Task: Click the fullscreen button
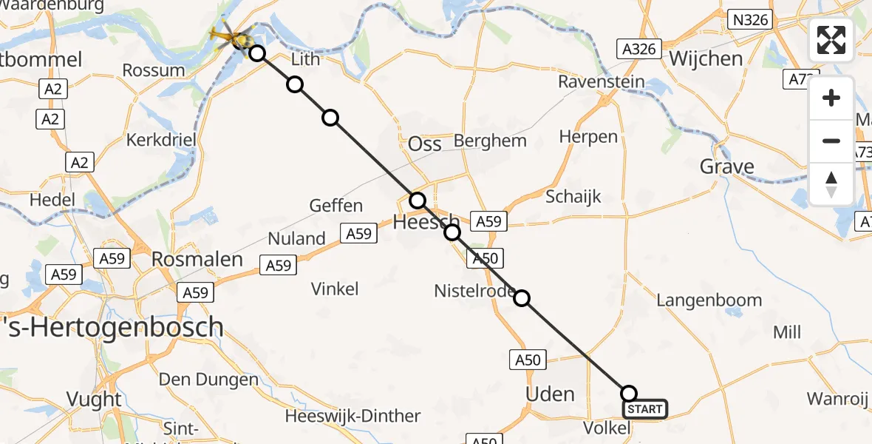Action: coord(831,40)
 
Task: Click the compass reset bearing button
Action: coord(831,184)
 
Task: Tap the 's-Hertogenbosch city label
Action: coord(111,326)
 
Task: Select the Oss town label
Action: coord(425,144)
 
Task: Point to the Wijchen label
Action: coord(706,58)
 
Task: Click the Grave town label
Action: coord(727,166)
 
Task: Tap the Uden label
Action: coord(550,394)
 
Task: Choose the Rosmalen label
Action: coord(197,259)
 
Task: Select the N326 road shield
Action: coord(750,20)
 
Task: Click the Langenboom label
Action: coord(709,300)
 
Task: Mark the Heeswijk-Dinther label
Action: coord(352,416)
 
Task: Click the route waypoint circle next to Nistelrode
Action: coord(522,298)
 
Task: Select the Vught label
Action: coord(94,399)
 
